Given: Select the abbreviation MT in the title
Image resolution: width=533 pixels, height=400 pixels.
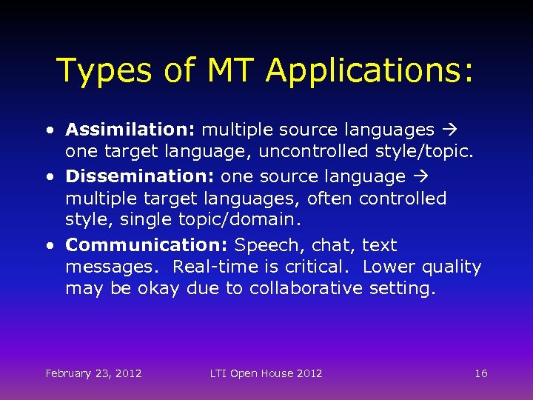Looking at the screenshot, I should [x=226, y=70].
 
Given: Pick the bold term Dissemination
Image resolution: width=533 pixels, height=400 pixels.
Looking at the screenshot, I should [x=141, y=176].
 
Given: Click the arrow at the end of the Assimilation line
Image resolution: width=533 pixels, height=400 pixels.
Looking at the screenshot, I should [x=449, y=130].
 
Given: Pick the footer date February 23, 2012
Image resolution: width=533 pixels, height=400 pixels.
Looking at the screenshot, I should [x=94, y=373].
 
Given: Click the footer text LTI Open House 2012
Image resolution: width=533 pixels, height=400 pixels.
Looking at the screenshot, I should [x=266, y=373].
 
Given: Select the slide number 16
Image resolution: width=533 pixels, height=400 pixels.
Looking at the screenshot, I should [x=481, y=373].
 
